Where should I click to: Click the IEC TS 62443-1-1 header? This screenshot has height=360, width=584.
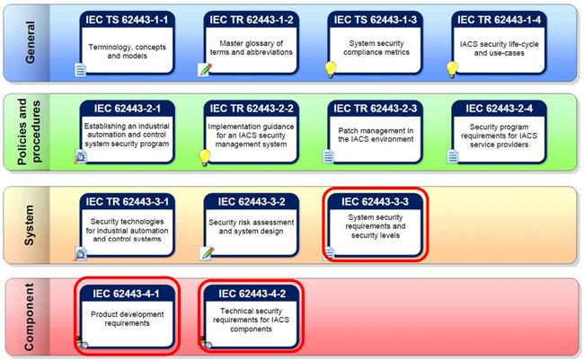click(x=127, y=20)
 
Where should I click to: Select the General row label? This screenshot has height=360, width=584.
click(x=30, y=42)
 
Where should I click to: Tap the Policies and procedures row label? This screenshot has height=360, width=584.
click(x=29, y=132)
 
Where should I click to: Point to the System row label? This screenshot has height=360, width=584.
click(x=30, y=225)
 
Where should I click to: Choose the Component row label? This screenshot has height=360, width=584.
click(x=29, y=317)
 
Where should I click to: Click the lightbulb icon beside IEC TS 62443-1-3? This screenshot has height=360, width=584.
click(x=330, y=70)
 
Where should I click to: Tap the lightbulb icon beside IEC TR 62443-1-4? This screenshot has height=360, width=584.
click(x=452, y=70)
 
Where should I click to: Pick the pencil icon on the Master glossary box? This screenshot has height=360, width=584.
click(x=205, y=70)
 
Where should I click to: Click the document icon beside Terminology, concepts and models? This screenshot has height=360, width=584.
click(x=80, y=70)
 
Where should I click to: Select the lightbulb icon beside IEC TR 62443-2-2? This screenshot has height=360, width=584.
click(x=205, y=158)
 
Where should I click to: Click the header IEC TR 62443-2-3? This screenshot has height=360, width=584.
click(x=376, y=109)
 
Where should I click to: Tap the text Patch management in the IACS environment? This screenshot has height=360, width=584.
click(x=376, y=136)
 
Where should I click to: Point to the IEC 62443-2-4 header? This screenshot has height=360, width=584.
click(x=499, y=109)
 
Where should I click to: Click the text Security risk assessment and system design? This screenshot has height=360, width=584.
click(x=251, y=227)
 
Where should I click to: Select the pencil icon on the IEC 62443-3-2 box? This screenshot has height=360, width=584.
click(x=207, y=253)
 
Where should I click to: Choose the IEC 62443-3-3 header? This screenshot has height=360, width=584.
click(x=375, y=202)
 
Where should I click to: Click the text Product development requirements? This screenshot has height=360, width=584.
click(x=127, y=319)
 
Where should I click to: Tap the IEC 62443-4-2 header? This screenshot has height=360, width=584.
click(x=252, y=294)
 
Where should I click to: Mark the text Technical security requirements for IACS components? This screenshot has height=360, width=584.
click(x=251, y=320)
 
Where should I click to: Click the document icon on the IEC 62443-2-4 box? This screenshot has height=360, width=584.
click(x=453, y=156)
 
